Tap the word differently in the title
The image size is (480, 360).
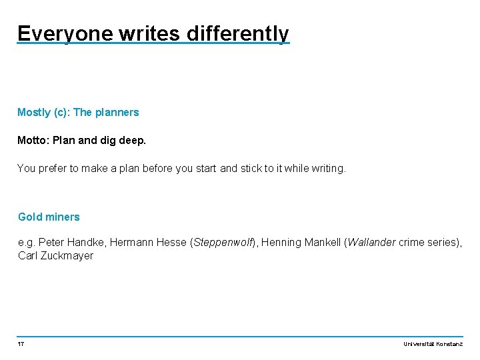[x=238, y=33]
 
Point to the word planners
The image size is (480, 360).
[x=117, y=113]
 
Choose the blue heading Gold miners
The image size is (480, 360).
[x=49, y=217]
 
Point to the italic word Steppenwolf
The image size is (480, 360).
[x=222, y=243]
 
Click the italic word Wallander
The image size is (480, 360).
[x=371, y=243]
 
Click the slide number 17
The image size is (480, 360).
[x=21, y=344]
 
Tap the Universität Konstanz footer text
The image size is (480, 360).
[x=433, y=344]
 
